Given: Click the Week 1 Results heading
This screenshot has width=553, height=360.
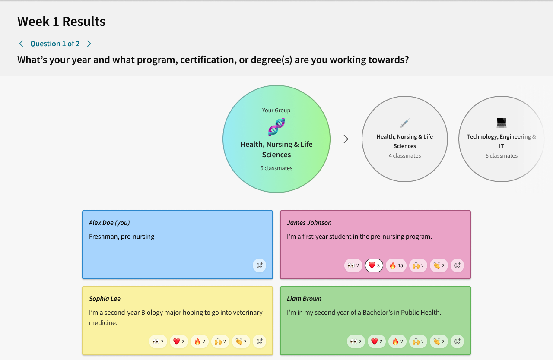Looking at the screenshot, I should pos(61,22).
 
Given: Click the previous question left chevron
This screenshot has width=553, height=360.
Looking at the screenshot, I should pos(21,44).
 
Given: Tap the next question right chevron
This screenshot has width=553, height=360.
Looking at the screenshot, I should pos(89,44).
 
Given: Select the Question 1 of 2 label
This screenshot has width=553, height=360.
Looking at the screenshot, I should pos(55,44).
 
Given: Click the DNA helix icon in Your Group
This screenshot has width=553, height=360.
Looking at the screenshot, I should pos(276,127).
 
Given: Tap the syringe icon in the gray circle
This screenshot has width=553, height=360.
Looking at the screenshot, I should pos(405,123).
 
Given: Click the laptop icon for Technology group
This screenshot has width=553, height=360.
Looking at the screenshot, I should pos(501,123).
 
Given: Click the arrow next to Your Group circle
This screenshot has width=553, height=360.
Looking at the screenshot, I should pos(346,139).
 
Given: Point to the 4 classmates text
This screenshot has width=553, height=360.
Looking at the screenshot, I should pos(405,156).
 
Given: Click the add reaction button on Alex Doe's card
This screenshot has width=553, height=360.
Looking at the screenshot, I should pos(259,265).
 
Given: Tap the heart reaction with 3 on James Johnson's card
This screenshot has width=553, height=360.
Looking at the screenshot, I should pos(374,265).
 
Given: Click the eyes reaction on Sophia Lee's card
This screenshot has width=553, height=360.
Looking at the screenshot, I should pos(158,341).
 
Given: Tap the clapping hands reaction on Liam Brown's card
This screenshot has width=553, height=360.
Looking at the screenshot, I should pos(439,341).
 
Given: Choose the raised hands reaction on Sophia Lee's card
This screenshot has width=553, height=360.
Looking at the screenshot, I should pos(220,341).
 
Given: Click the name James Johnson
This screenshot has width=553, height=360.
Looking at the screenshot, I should pos(309,223).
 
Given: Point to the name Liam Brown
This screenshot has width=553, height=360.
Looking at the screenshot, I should pos(304,299).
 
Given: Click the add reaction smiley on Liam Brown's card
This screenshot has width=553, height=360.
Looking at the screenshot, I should pos(457,341).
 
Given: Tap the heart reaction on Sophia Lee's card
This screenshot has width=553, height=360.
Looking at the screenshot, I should pos(179,341).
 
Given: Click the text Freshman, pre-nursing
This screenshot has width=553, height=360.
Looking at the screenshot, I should pos(122,237).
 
